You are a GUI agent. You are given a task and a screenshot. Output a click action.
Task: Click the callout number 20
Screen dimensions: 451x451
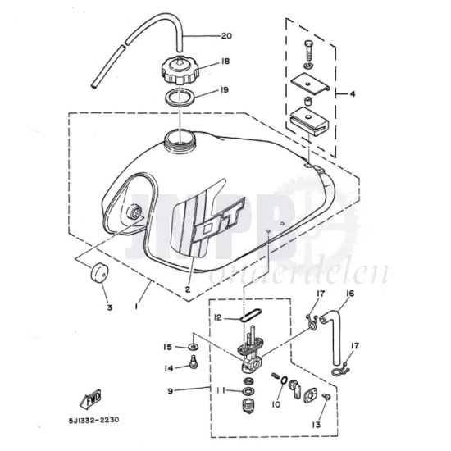coord(226,36)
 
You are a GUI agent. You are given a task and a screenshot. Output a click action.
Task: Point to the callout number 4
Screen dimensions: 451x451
coord(353,94)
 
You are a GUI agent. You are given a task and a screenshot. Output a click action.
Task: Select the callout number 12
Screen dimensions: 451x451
coord(218,317)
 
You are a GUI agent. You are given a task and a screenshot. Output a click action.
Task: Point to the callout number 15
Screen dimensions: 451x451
coord(167,348)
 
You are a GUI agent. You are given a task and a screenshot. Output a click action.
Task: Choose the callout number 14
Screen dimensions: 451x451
coord(167,368)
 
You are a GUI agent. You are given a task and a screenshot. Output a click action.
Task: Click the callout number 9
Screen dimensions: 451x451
coord(171,390)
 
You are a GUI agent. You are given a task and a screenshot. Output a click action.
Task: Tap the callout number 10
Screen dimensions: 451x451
coord(275,404)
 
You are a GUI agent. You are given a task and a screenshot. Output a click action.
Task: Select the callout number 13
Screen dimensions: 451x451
coord(316,425)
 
